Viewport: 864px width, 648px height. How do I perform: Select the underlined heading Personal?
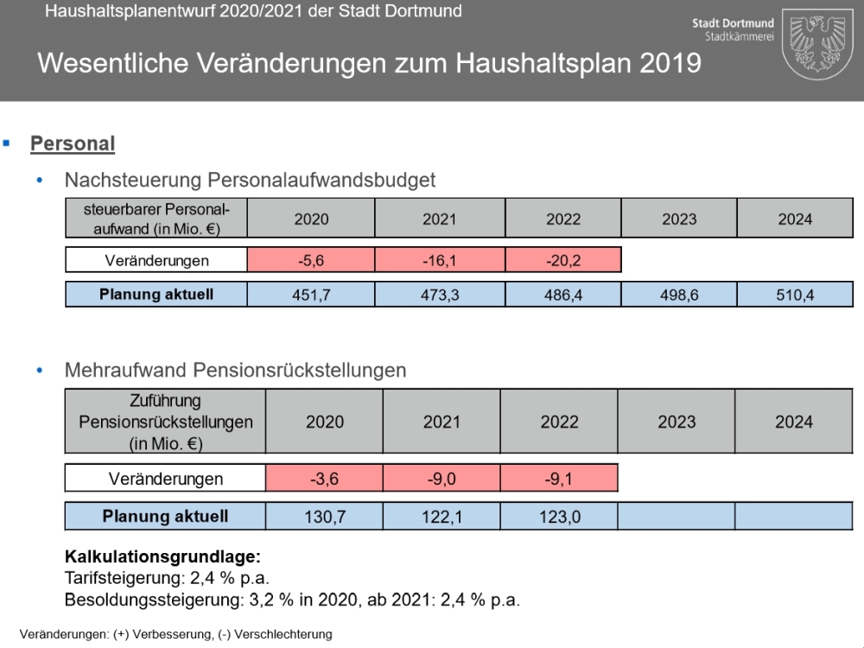tap(73, 143)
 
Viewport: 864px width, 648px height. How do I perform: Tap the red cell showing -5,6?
tap(311, 260)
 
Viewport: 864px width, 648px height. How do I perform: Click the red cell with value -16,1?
tap(440, 260)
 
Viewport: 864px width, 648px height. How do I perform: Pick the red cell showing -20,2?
tap(563, 260)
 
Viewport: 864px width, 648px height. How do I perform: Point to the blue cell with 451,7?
tap(311, 295)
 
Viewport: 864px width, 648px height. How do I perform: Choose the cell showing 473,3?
tap(440, 295)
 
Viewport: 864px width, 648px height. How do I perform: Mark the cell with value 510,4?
tap(795, 295)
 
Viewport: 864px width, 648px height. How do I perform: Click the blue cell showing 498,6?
tap(679, 295)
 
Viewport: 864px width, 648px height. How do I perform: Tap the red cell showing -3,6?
tap(324, 479)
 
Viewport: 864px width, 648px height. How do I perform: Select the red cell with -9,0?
tap(442, 479)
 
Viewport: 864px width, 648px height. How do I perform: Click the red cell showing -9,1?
tap(559, 479)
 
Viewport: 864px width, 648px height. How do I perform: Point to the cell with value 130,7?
tap(324, 517)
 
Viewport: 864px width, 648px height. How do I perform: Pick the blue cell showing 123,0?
tap(559, 517)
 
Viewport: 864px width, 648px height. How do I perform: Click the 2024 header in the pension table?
tap(793, 422)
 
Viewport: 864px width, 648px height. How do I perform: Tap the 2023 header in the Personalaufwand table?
tap(679, 219)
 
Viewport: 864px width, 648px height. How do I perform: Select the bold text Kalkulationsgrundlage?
tap(162, 557)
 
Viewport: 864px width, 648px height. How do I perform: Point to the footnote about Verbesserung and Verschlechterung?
tap(175, 634)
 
